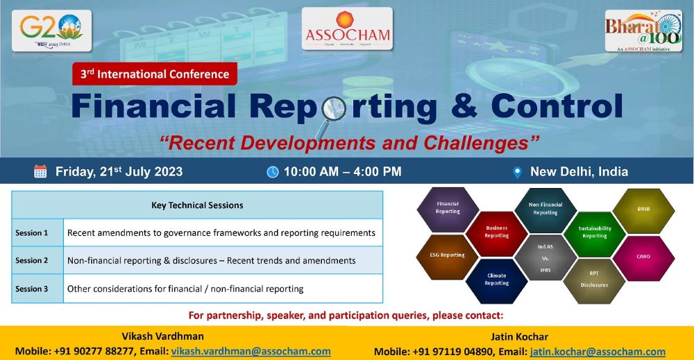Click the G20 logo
[x=51, y=31]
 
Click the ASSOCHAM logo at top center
[x=347, y=29]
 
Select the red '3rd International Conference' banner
[x=155, y=74]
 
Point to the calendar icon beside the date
[x=40, y=172]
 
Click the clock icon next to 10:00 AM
[x=273, y=172]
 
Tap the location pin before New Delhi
[x=516, y=172]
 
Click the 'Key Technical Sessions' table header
[x=197, y=205]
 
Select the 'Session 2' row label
[x=32, y=261]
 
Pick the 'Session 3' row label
[x=32, y=289]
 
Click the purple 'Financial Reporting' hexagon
[x=448, y=208]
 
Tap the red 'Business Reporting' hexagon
[x=496, y=232]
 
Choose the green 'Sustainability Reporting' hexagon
[x=595, y=232]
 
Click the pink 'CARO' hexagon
[x=643, y=257]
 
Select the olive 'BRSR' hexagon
[x=643, y=209]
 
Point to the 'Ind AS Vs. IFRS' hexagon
[x=545, y=257]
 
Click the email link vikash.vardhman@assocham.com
[x=251, y=352]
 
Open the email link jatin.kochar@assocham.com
[x=598, y=352]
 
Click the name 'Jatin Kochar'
[x=519, y=337]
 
